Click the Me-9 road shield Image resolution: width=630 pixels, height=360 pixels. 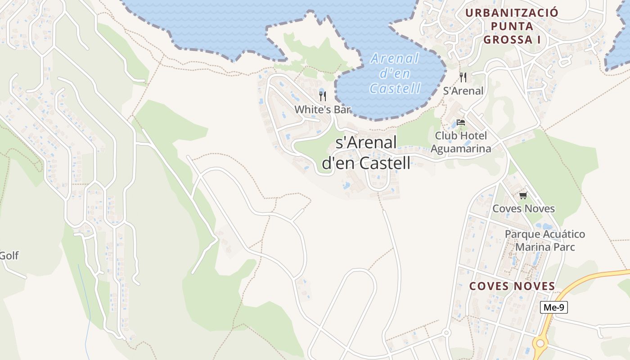tap(553, 308)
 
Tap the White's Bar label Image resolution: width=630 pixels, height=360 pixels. tap(322, 109)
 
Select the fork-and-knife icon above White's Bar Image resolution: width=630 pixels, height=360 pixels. tap(322, 96)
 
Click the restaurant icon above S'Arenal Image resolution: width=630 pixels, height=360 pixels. tap(463, 77)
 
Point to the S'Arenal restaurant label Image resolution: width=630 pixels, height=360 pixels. tap(463, 91)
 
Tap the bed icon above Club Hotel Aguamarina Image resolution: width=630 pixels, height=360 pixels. tap(460, 122)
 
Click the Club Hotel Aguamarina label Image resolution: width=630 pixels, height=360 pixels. tap(461, 142)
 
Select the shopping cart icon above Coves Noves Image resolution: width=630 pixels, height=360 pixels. tap(523, 195)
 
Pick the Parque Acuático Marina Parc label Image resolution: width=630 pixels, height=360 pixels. tap(545, 240)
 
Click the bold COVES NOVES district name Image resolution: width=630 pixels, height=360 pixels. tap(512, 286)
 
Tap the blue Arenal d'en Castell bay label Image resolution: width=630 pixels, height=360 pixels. tap(395, 73)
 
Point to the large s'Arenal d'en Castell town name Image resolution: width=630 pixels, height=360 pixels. tap(366, 153)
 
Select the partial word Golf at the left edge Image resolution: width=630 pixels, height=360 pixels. tap(9, 256)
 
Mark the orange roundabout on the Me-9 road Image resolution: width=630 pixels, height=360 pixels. tap(540, 343)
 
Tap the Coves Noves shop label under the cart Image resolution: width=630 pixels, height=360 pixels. tap(523, 209)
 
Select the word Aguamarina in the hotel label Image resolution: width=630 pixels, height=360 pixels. tap(461, 148)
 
